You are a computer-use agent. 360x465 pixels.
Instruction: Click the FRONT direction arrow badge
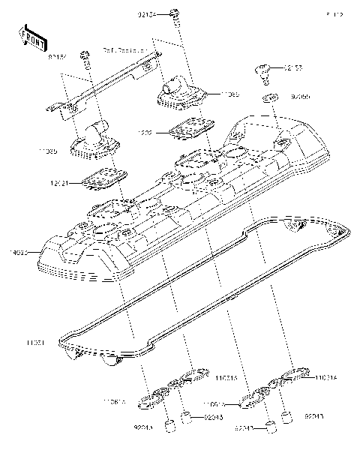coord(28,36)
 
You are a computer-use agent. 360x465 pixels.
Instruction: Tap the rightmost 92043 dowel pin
coord(286,414)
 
